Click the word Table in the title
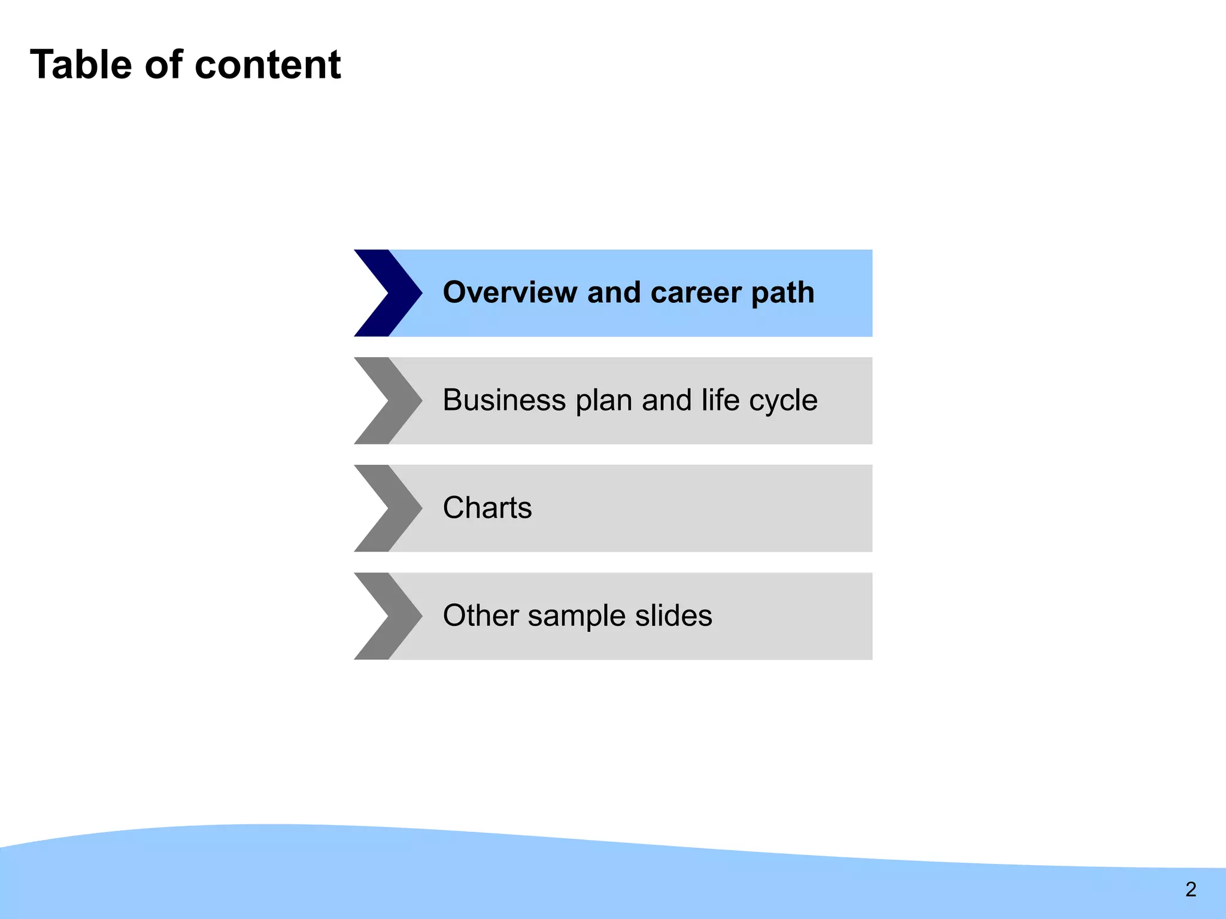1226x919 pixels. [x=81, y=65]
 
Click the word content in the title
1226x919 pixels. [x=268, y=65]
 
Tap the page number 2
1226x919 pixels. [x=1191, y=889]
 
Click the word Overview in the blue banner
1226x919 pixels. [x=510, y=293]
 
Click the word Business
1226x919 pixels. [x=504, y=400]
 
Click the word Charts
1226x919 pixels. [x=487, y=508]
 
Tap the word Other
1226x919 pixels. [x=480, y=616]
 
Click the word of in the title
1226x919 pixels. [x=163, y=65]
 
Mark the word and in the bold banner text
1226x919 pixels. [x=614, y=293]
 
